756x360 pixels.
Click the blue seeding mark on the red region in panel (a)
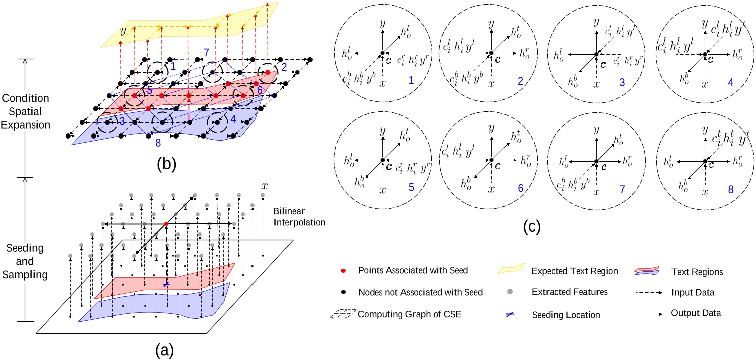point(166,284)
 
